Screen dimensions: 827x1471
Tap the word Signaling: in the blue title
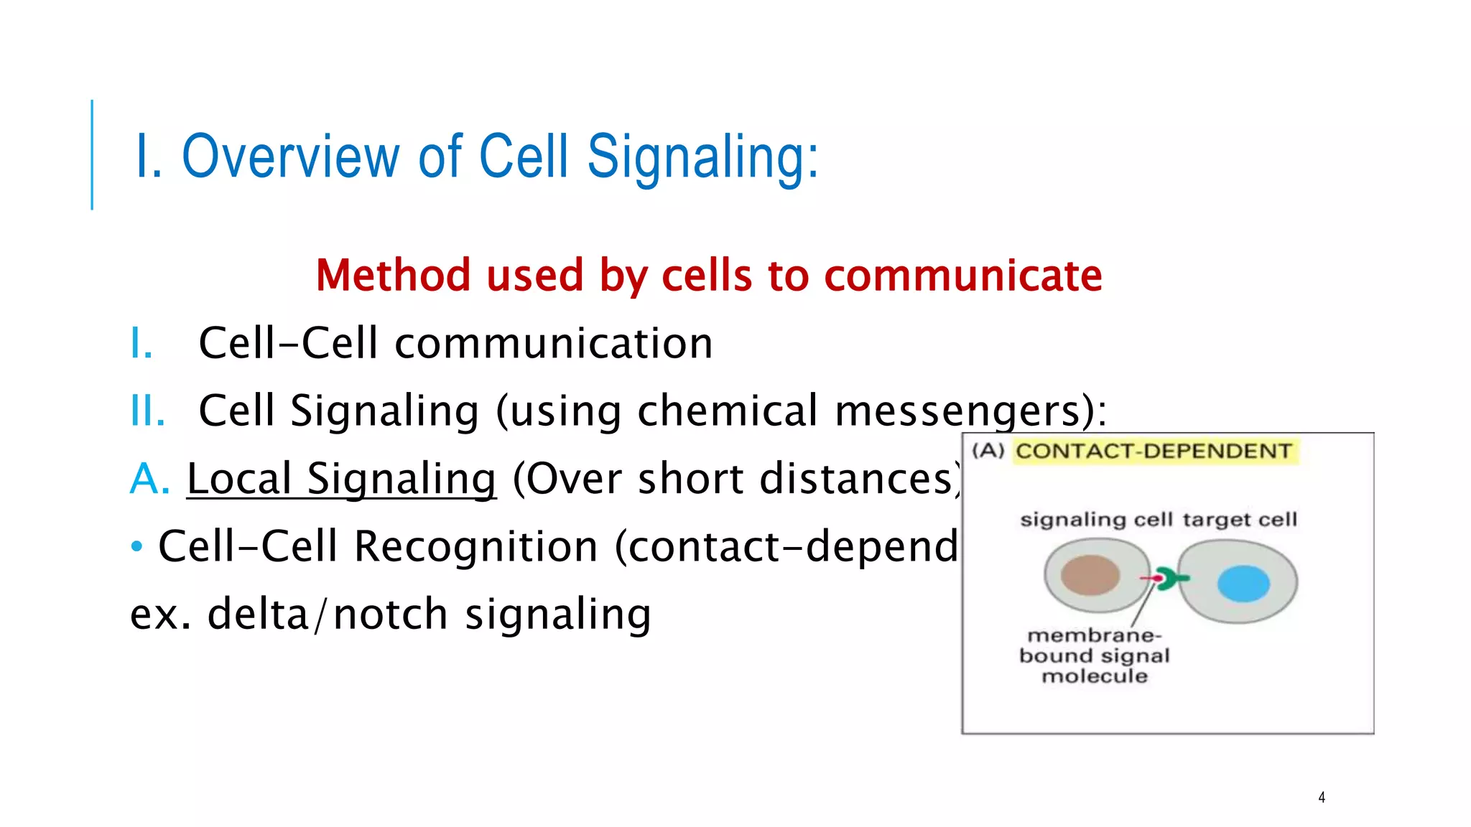click(702, 156)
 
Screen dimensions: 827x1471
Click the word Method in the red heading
click(392, 275)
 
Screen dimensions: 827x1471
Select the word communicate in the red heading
click(962, 275)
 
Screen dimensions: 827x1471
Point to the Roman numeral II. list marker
click(147, 411)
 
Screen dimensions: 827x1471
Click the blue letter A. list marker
click(149, 479)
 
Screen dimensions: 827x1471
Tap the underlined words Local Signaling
click(341, 479)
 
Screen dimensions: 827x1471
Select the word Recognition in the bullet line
click(475, 546)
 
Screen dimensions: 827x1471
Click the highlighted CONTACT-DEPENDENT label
click(1154, 452)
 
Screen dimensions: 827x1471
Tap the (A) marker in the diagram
click(988, 451)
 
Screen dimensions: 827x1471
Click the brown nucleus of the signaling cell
click(1090, 575)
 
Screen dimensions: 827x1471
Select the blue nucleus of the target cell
click(1243, 583)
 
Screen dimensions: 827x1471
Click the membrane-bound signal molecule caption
click(1094, 655)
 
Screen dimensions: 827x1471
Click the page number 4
click(1321, 797)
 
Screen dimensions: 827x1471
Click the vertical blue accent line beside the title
click(92, 154)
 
